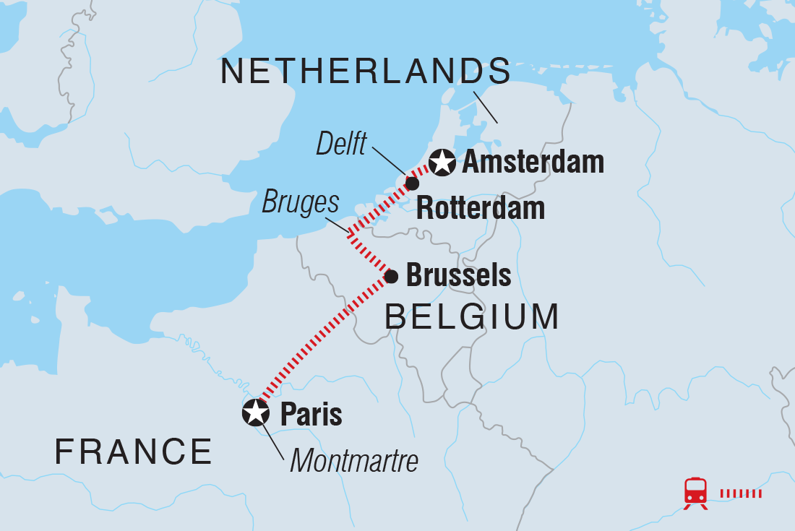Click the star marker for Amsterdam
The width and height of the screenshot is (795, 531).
(x=442, y=163)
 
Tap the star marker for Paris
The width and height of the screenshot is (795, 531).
(x=255, y=413)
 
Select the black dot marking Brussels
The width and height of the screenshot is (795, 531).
(x=391, y=276)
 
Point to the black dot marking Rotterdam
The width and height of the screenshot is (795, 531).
(x=412, y=184)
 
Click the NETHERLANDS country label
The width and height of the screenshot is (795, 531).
(x=365, y=72)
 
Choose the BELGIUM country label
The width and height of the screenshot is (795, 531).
(x=471, y=316)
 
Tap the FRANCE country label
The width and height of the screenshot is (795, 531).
(x=134, y=452)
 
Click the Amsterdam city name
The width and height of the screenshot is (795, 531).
(x=533, y=163)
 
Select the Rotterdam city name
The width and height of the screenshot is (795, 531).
(x=481, y=209)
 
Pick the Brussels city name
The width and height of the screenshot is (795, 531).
(x=458, y=275)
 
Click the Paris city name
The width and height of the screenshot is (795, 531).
(x=311, y=415)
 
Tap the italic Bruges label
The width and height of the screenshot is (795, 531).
(x=300, y=203)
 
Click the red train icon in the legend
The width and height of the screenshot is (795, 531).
(x=695, y=493)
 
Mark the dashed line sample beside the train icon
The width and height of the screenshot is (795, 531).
(x=741, y=493)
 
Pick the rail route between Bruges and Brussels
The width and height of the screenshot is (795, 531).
(x=370, y=255)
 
